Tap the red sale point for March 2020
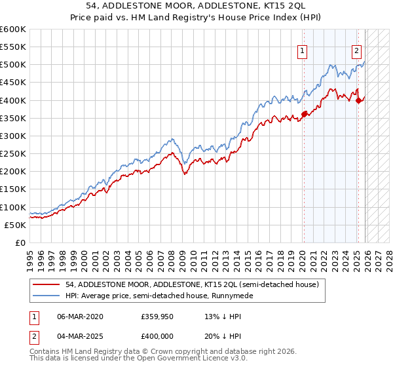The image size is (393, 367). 304,114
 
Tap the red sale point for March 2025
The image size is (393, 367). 358,100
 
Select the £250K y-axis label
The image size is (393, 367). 13,153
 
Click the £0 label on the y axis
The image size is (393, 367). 20,242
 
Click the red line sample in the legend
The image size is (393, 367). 47,284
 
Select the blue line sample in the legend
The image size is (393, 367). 47,296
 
